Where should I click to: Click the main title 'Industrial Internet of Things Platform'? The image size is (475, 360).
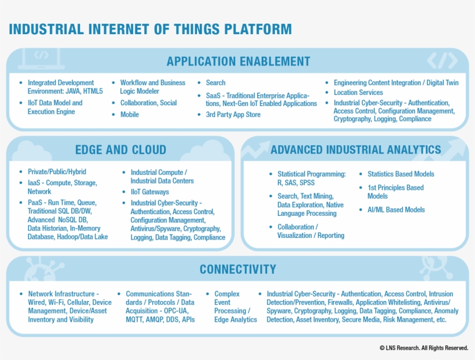click(150, 29)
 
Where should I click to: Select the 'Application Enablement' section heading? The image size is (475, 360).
click(238, 61)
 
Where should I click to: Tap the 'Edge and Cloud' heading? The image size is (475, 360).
click(120, 150)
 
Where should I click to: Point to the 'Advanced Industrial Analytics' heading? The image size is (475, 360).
click(356, 150)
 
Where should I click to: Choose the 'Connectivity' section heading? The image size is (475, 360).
click(237, 269)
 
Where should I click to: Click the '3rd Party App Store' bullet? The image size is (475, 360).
click(233, 115)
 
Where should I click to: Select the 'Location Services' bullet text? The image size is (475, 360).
click(358, 93)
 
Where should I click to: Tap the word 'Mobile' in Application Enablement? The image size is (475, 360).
click(130, 115)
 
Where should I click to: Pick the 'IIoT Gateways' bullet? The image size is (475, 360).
click(149, 192)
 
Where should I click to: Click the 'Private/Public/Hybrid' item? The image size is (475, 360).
click(57, 172)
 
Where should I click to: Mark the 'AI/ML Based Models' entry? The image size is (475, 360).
click(396, 210)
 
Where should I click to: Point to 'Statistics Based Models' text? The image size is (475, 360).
click(400, 174)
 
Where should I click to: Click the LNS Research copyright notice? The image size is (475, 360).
click(423, 348)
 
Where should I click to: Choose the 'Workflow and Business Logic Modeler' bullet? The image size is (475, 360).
click(152, 87)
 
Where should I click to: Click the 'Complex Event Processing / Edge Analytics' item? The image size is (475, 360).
click(235, 307)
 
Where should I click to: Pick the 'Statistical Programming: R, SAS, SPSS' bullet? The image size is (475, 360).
click(311, 178)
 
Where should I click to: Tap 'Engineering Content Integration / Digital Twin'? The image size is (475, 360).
click(396, 83)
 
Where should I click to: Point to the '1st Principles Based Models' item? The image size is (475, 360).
click(395, 192)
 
